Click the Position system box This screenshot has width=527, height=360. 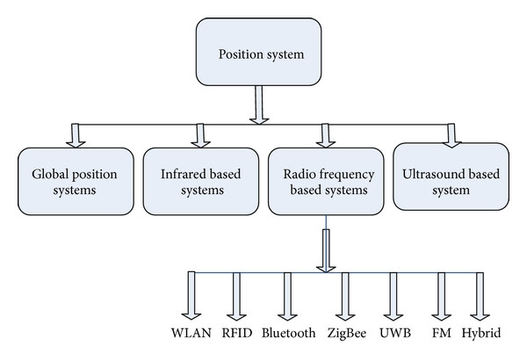point(258,52)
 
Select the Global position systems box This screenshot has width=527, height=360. point(76,181)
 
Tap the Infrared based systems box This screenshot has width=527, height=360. point(201,181)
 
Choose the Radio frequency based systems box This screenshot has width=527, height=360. point(326,181)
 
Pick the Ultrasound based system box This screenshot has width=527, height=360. point(451,176)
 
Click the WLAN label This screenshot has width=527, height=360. point(191,333)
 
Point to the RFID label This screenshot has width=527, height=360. point(237,333)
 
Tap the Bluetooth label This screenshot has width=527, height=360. point(289,333)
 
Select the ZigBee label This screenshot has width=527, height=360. point(347,333)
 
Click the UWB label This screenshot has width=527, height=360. point(395,333)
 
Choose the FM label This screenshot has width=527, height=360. point(442,333)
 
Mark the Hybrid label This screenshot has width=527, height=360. point(481,333)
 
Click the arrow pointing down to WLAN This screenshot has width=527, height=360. point(191,295)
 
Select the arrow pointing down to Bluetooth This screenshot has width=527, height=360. point(287,296)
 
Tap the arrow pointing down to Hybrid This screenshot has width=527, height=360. point(480,296)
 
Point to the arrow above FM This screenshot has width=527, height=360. point(441,296)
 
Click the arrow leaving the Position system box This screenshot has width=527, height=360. point(259,104)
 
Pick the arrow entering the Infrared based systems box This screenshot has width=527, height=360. point(200,136)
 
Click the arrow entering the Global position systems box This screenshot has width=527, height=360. point(76,136)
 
